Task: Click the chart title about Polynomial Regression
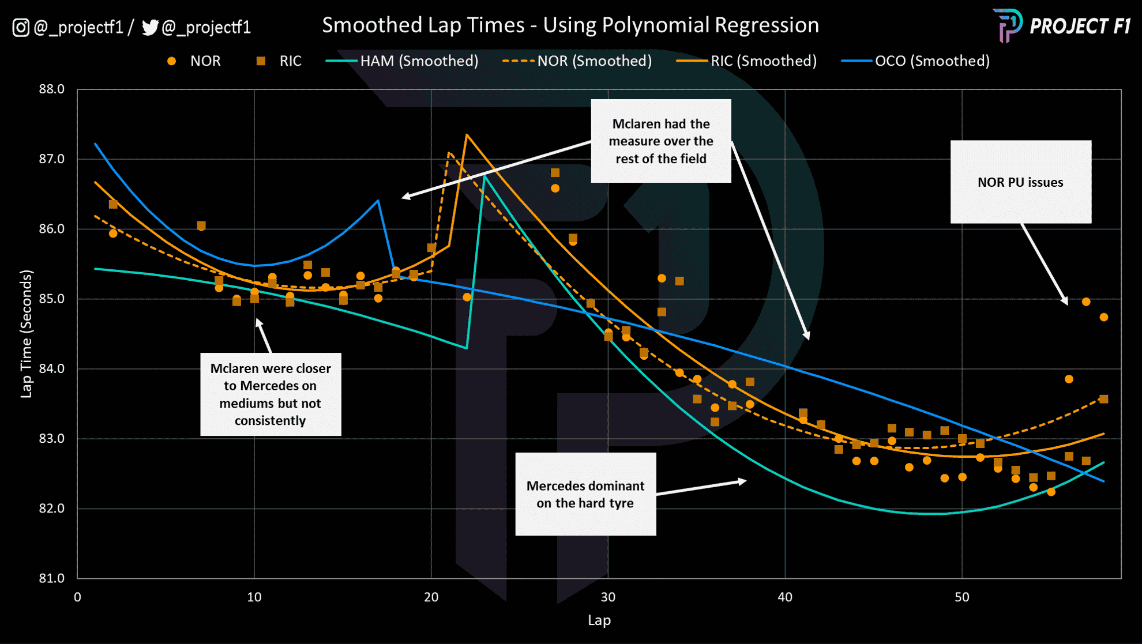[x=570, y=25]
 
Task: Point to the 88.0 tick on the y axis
[x=51, y=89]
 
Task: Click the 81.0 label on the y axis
[x=51, y=578]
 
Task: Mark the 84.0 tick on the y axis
[x=51, y=369]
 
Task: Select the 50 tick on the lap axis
[x=961, y=597]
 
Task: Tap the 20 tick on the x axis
[x=431, y=597]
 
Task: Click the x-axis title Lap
[x=599, y=620]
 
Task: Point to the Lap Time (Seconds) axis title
[x=27, y=334]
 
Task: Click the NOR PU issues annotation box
[x=1020, y=182]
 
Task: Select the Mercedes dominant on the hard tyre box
[x=585, y=494]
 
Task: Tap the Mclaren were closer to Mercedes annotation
[x=271, y=394]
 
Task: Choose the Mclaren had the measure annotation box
[x=661, y=141]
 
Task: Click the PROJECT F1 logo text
[x=1080, y=27]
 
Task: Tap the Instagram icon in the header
[x=21, y=27]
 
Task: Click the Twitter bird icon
[x=150, y=27]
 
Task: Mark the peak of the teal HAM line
[x=485, y=176]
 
